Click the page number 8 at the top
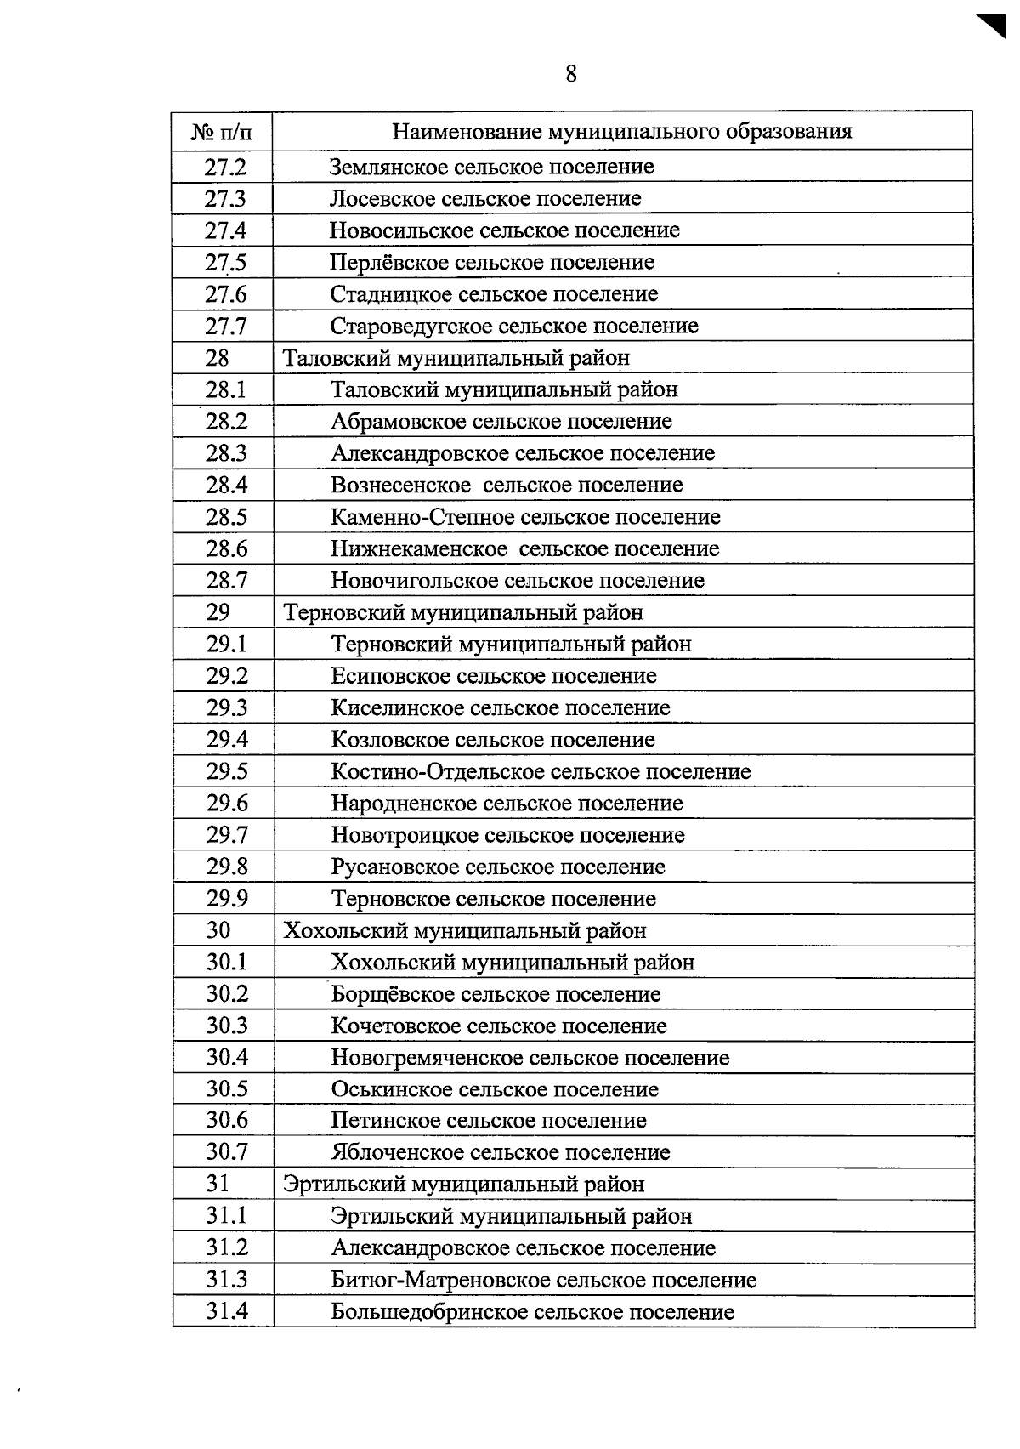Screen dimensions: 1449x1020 (x=570, y=74)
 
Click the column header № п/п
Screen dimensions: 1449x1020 (x=221, y=132)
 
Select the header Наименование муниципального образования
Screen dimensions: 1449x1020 (x=621, y=131)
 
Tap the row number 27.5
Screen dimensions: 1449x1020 (x=224, y=263)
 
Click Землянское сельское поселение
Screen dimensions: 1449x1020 (x=491, y=167)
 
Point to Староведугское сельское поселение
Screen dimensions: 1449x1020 (x=514, y=327)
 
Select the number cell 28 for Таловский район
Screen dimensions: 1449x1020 (x=218, y=358)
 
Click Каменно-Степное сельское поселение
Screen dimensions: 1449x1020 (x=525, y=517)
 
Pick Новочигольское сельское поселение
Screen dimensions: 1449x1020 (x=518, y=581)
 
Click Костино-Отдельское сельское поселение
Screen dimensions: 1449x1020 (x=541, y=772)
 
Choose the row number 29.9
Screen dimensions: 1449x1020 (x=226, y=899)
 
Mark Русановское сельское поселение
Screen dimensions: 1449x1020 (x=498, y=867)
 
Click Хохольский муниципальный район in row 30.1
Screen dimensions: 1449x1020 (x=513, y=963)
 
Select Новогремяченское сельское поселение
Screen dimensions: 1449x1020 (x=530, y=1059)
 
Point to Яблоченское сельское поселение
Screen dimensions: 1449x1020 (x=501, y=1153)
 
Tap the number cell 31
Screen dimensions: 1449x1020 (x=218, y=1184)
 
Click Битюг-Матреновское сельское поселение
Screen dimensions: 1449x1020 (x=544, y=1281)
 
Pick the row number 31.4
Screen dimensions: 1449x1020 (x=227, y=1312)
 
